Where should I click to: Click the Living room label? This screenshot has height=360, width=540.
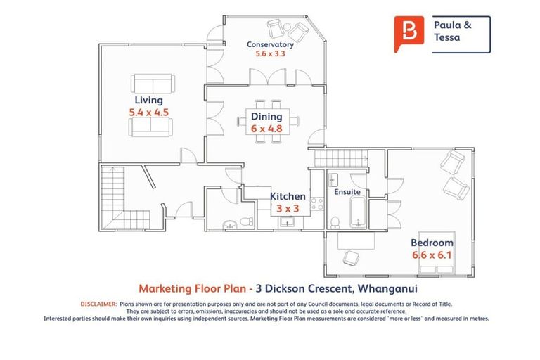(148, 101)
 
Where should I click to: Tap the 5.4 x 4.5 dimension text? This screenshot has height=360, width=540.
(148, 112)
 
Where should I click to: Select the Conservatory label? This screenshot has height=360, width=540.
(270, 44)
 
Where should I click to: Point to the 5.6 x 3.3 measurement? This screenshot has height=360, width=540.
(270, 54)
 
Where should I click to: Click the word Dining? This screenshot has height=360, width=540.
(266, 117)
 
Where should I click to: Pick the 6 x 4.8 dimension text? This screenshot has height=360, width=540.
(266, 129)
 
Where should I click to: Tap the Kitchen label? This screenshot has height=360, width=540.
(288, 197)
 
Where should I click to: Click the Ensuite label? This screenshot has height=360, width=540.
(347, 191)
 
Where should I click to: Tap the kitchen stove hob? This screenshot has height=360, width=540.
(317, 205)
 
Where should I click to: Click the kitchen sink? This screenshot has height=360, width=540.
(287, 222)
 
